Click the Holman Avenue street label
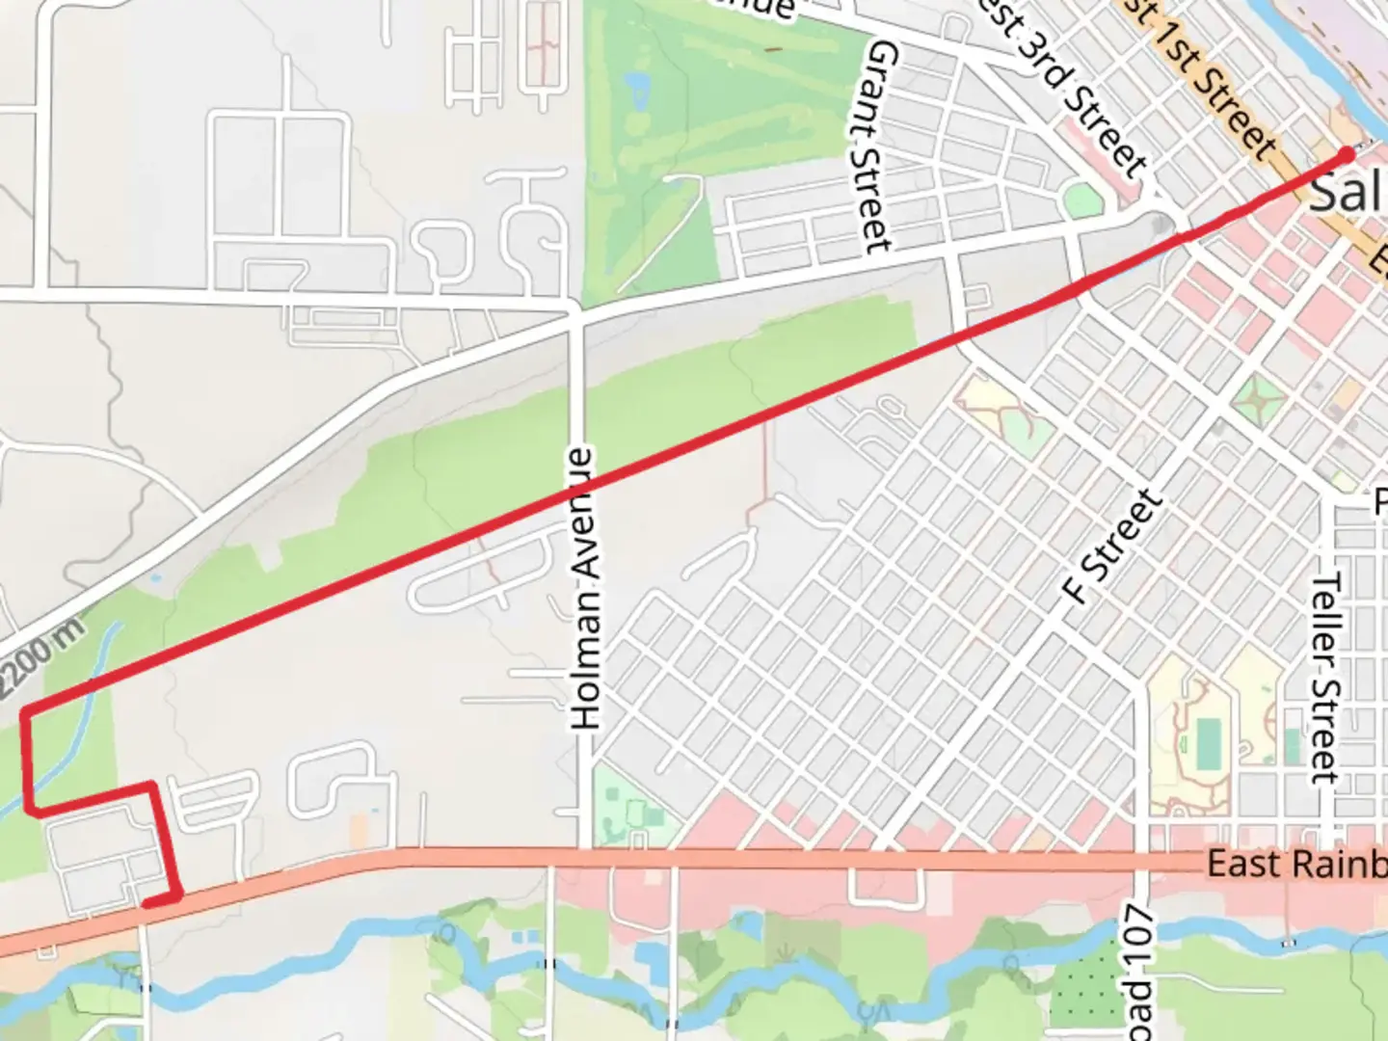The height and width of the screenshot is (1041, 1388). click(586, 588)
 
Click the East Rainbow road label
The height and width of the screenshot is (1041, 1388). click(1296, 864)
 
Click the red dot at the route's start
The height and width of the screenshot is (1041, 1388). click(1347, 154)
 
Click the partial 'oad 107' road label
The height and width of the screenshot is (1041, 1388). click(1138, 974)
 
